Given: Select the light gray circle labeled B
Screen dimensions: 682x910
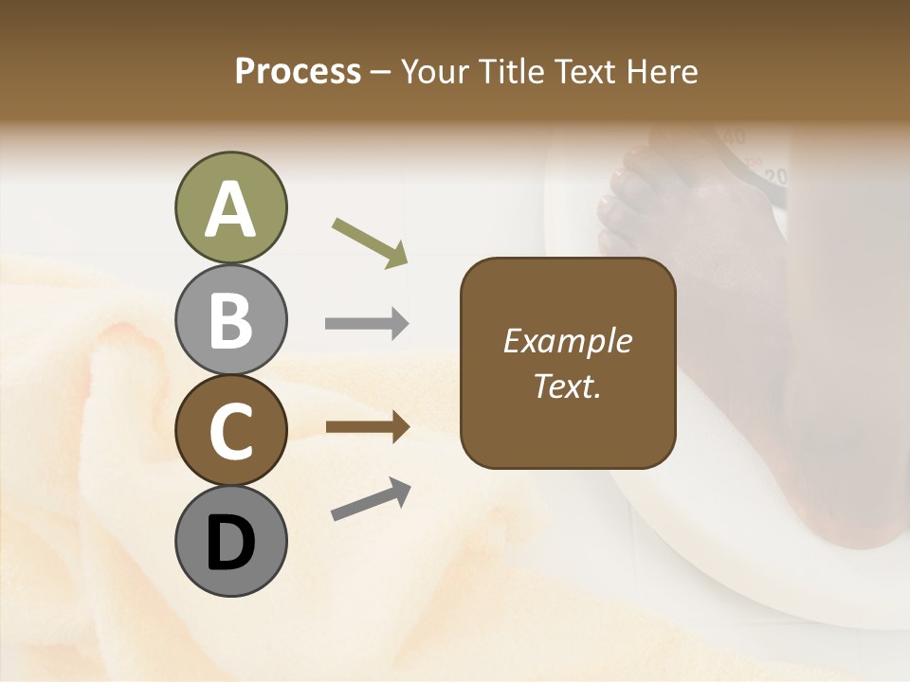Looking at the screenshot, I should (x=230, y=319).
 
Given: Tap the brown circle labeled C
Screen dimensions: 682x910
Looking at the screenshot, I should (x=230, y=430).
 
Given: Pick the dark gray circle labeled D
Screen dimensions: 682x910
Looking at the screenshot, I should (x=230, y=541).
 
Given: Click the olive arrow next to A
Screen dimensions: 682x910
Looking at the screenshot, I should (x=370, y=242).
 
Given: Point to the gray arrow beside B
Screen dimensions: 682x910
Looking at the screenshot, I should (x=367, y=324).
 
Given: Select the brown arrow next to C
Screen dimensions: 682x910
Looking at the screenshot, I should (x=367, y=427).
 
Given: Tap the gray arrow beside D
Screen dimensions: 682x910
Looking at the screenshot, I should (x=371, y=499).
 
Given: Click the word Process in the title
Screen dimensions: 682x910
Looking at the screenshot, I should (x=298, y=71).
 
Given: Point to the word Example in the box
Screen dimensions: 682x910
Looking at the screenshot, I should (x=567, y=341).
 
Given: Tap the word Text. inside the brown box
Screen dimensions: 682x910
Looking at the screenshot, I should (x=567, y=386).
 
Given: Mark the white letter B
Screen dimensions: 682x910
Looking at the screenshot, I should (x=230, y=321).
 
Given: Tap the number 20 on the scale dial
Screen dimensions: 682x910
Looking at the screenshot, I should (x=776, y=176).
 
